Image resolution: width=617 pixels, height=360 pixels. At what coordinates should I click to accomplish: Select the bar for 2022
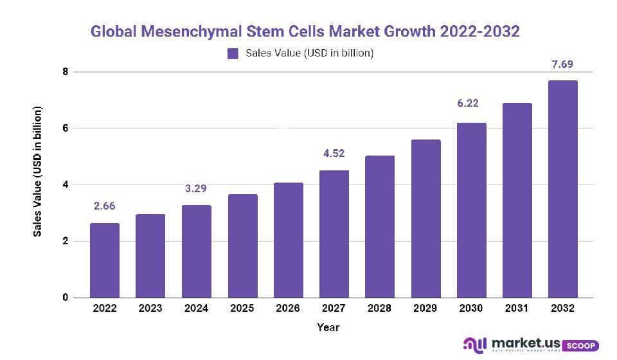tap(105, 260)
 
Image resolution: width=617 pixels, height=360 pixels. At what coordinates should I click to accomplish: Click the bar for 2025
tap(242, 246)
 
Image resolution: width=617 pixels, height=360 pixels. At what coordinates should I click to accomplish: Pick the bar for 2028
tap(380, 226)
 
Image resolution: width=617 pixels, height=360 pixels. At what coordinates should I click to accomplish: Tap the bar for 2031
tap(517, 200)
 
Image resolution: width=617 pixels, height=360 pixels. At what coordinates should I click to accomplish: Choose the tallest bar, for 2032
tap(562, 189)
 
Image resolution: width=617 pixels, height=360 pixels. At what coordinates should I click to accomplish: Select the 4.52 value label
tap(334, 153)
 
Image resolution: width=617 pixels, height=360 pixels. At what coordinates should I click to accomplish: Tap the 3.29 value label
tap(196, 189)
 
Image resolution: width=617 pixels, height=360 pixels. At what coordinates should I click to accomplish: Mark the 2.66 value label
tap(105, 206)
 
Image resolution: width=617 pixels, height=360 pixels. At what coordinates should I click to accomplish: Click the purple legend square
tap(233, 53)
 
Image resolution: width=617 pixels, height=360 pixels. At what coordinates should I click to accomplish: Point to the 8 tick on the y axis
tap(65, 72)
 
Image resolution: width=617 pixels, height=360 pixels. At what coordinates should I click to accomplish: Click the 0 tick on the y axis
tap(65, 298)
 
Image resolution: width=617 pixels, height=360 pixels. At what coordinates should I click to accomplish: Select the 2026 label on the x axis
tap(288, 309)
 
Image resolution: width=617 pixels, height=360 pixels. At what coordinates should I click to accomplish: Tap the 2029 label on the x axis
tap(425, 309)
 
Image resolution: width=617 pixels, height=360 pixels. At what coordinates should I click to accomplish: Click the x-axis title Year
tap(328, 327)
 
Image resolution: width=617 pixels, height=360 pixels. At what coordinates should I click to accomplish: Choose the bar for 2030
tap(471, 210)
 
